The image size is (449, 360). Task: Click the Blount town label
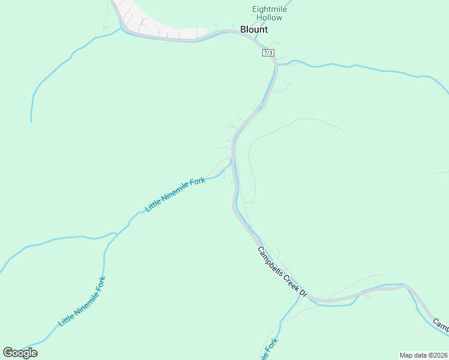pyautogui.click(x=253, y=29)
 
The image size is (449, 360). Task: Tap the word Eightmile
pyautogui.click(x=270, y=9)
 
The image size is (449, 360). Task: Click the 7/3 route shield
pyautogui.click(x=268, y=53)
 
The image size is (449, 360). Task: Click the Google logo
pyautogui.click(x=20, y=352)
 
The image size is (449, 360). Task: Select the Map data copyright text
pyautogui.click(x=424, y=355)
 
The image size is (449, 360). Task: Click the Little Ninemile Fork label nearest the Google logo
pyautogui.click(x=82, y=302)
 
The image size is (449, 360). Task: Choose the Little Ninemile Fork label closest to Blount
pyautogui.click(x=175, y=194)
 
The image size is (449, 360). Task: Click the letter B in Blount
pyautogui.click(x=243, y=29)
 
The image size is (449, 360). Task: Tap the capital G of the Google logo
pyautogui.click(x=8, y=352)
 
